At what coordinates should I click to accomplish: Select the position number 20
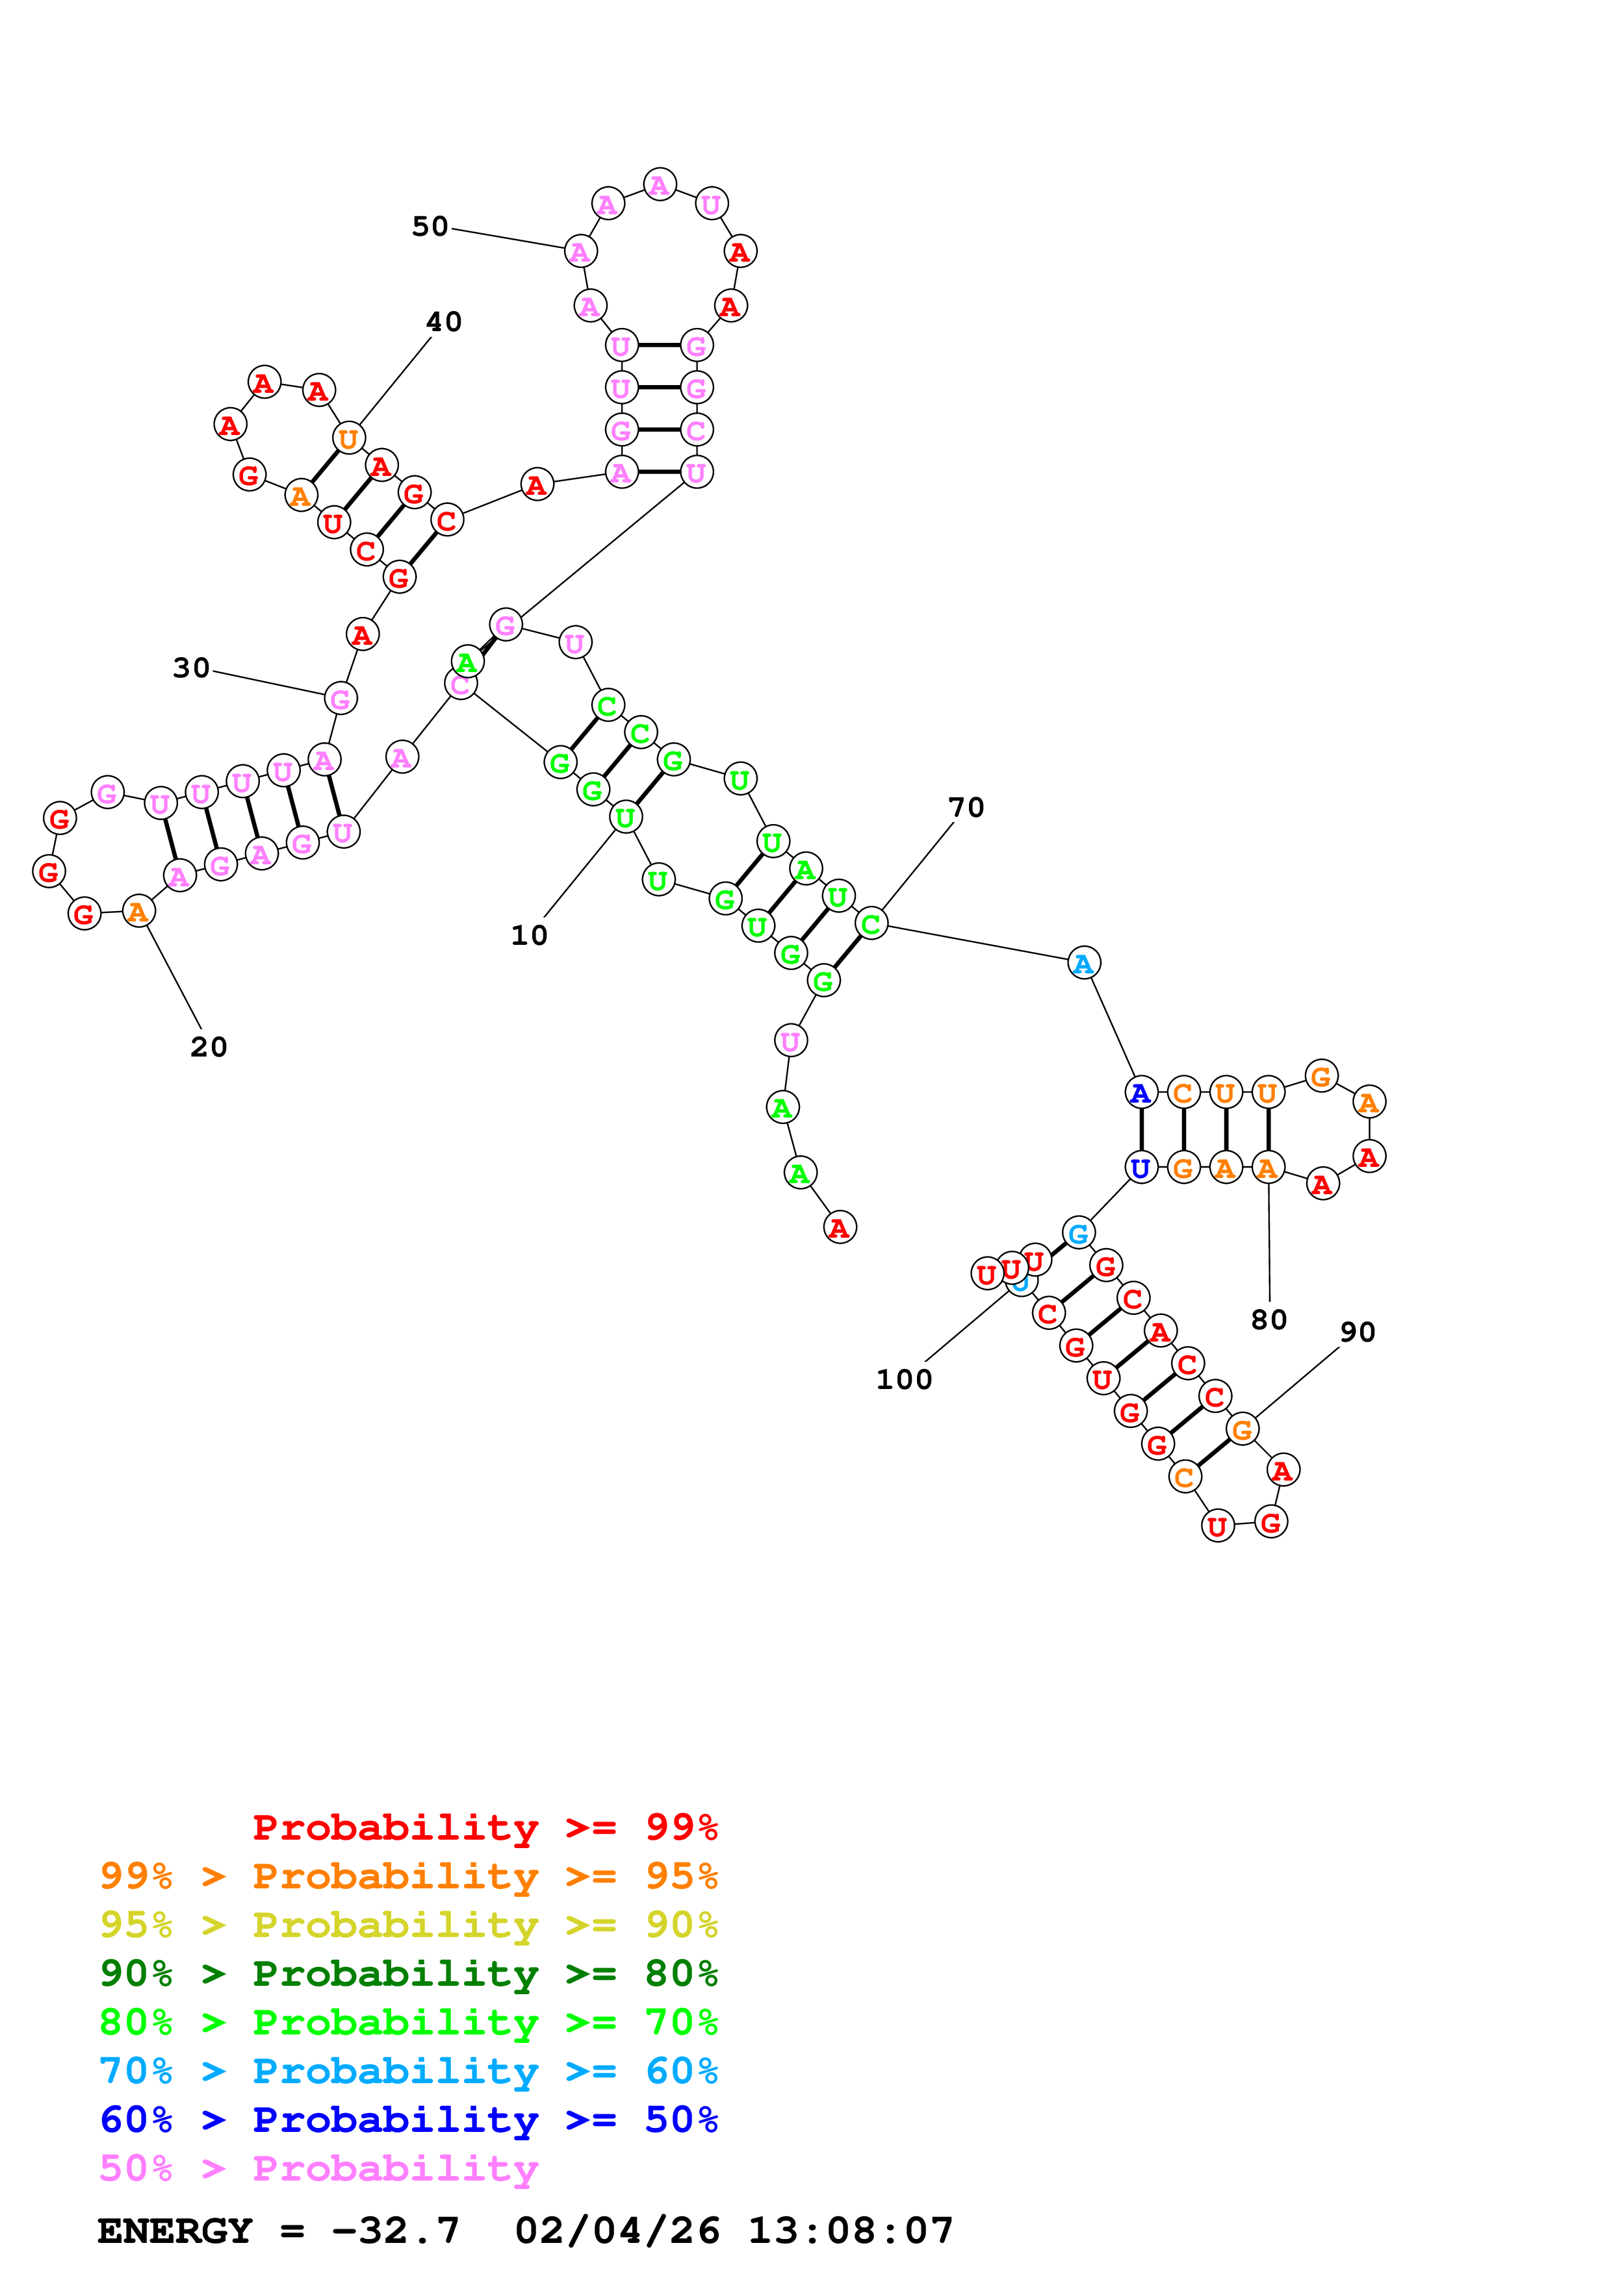coord(209,1047)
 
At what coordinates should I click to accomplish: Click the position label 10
coord(529,936)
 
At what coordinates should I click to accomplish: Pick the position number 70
coord(966,808)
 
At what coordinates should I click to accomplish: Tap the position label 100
coord(903,1379)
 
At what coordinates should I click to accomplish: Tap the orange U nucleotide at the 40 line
coord(348,438)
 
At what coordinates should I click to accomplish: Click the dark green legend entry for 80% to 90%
coord(408,1973)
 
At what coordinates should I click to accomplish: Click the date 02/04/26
coord(617,2231)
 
